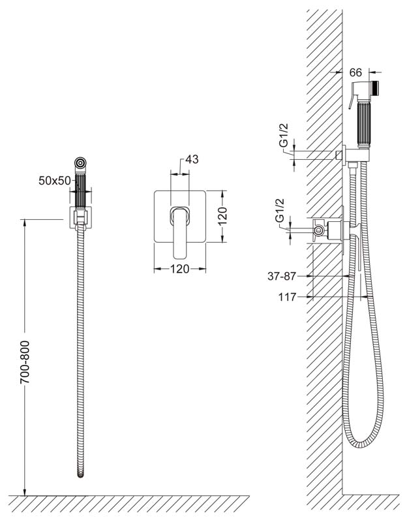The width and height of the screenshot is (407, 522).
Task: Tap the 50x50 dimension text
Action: pos(54,181)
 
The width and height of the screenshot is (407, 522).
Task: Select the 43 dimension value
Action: pos(192,159)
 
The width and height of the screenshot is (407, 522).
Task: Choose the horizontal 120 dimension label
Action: pos(179,269)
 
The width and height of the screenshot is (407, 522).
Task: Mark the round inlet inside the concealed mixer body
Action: pos(319,230)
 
